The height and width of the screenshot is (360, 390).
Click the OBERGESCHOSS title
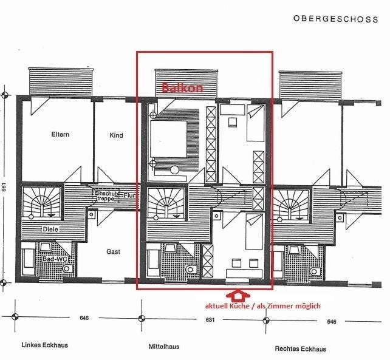coord(335,18)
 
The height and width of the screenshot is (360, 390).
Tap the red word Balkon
coord(182,88)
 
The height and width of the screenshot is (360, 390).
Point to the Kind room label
coord(116,135)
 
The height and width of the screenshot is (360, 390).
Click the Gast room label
coord(113,251)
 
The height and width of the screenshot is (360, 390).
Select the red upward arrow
coord(237,295)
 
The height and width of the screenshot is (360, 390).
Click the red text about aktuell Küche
coord(262,307)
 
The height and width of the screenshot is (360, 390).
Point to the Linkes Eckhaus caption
coord(44,345)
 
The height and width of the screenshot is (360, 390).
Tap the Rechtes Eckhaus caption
coord(300,348)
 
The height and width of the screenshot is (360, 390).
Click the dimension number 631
coord(210,319)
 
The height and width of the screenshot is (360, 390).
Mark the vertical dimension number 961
coord(5,188)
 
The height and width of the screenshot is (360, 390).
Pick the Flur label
coord(129,196)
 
